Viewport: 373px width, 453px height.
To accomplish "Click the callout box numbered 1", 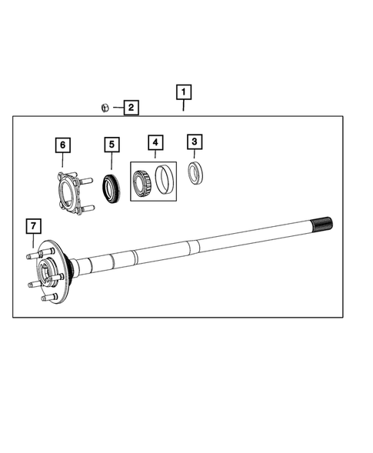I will click(183, 92).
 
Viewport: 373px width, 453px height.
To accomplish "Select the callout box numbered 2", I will click(131, 108).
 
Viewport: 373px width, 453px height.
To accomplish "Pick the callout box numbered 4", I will click(155, 142).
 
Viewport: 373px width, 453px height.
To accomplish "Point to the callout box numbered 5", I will click(112, 144).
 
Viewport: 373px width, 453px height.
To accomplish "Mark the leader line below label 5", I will click(112, 162).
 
